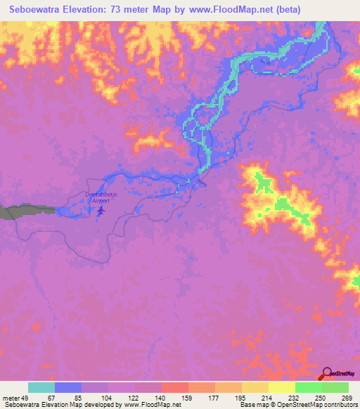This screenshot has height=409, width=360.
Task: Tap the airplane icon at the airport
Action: [x=101, y=209]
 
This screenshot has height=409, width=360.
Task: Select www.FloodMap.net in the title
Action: [x=219, y=10]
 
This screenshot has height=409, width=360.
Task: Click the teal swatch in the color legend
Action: [x=41, y=387]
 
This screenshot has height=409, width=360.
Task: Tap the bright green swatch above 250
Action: [x=308, y=387]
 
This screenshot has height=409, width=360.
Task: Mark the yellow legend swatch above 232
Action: [x=281, y=387]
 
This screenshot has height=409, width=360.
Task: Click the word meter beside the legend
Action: [x=10, y=397]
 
